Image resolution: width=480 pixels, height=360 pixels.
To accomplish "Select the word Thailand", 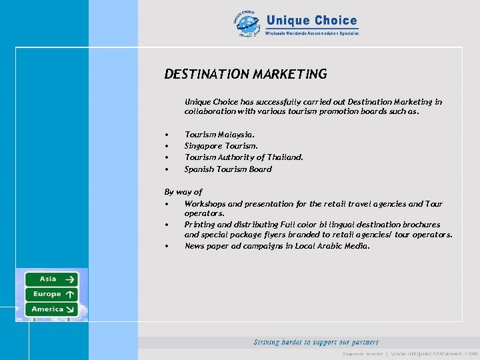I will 285,157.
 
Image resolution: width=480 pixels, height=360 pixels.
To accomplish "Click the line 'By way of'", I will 183,192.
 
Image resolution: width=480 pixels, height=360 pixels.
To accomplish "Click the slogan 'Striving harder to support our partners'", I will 316,342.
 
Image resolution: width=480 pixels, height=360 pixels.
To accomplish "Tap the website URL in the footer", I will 434,353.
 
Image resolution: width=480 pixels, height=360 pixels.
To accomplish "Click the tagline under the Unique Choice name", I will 312,33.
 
